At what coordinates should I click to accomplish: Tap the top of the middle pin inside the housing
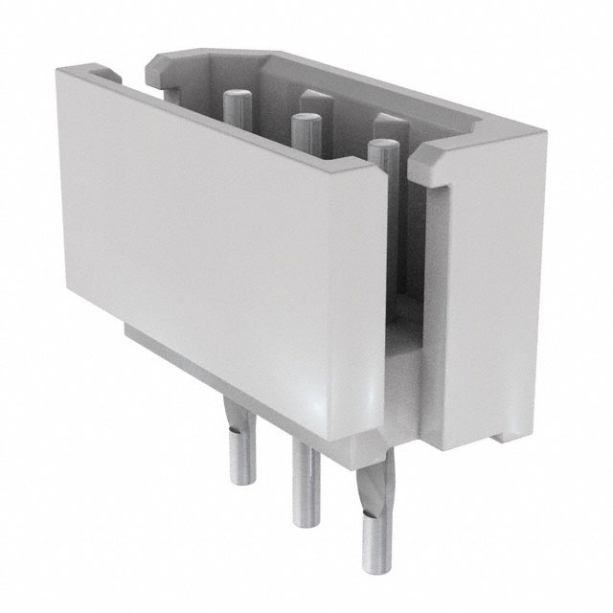306,120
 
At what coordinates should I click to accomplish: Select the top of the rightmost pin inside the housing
383,147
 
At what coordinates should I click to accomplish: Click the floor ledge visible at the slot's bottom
402,345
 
